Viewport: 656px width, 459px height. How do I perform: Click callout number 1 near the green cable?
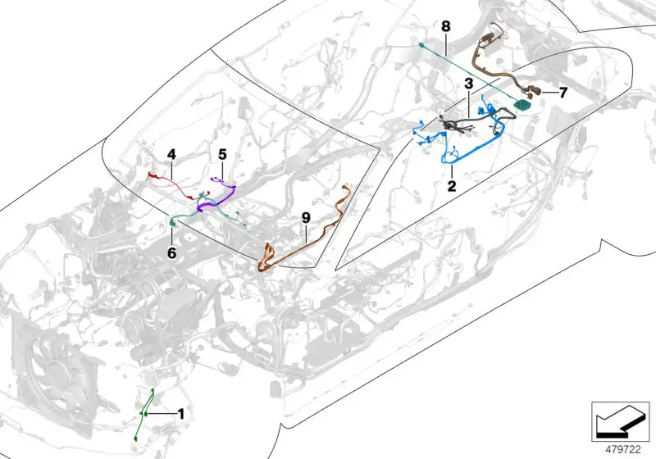point(180,414)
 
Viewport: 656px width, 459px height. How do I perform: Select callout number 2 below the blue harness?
point(452,185)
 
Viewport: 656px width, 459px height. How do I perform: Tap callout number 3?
point(468,83)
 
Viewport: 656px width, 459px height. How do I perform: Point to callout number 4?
point(171,154)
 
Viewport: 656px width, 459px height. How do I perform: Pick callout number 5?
point(222,154)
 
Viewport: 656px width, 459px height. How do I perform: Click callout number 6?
point(171,253)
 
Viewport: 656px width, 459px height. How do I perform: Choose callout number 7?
point(563,93)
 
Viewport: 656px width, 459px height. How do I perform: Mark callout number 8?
point(446,26)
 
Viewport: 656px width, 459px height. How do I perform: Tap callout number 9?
point(306,218)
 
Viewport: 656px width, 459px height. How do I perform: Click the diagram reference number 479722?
point(623,450)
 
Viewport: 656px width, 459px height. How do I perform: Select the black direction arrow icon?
point(620,422)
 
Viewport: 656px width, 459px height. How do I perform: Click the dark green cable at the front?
point(145,414)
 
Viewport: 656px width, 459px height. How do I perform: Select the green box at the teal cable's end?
point(522,104)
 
